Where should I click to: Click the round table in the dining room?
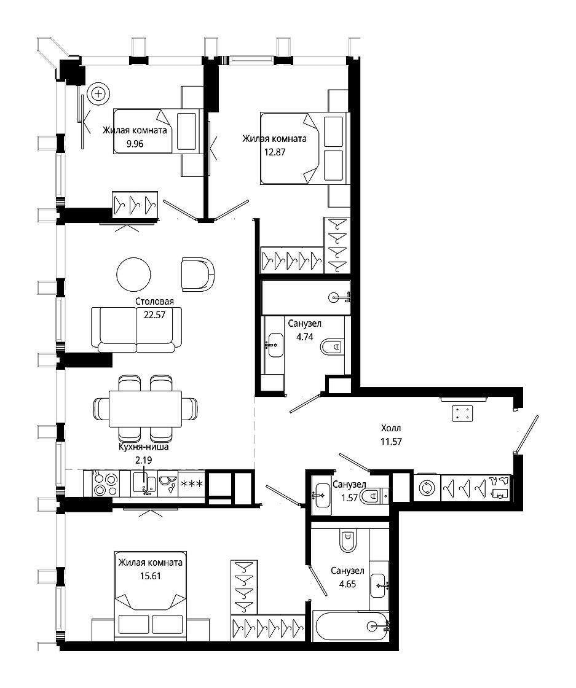click(x=133, y=274)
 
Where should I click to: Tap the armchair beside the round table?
click(x=197, y=274)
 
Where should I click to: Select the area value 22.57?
click(x=154, y=315)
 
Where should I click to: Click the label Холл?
click(x=391, y=428)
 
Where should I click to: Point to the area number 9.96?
click(x=135, y=144)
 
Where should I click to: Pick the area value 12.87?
click(x=275, y=152)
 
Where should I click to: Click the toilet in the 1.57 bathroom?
click(x=371, y=496)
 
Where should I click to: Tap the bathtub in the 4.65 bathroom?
click(x=351, y=626)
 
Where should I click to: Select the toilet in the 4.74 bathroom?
click(x=333, y=347)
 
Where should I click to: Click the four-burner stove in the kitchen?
click(x=106, y=484)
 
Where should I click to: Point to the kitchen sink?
click(x=144, y=484)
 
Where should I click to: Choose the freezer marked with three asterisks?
click(x=191, y=484)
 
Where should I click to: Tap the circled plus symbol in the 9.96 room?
click(x=98, y=93)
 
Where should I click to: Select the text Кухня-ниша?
click(x=144, y=447)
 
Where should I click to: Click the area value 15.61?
click(x=150, y=576)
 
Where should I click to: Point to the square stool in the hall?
click(x=463, y=413)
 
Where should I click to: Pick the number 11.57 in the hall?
click(x=391, y=442)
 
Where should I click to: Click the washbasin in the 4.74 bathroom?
click(x=275, y=345)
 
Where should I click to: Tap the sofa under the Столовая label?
click(x=136, y=329)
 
